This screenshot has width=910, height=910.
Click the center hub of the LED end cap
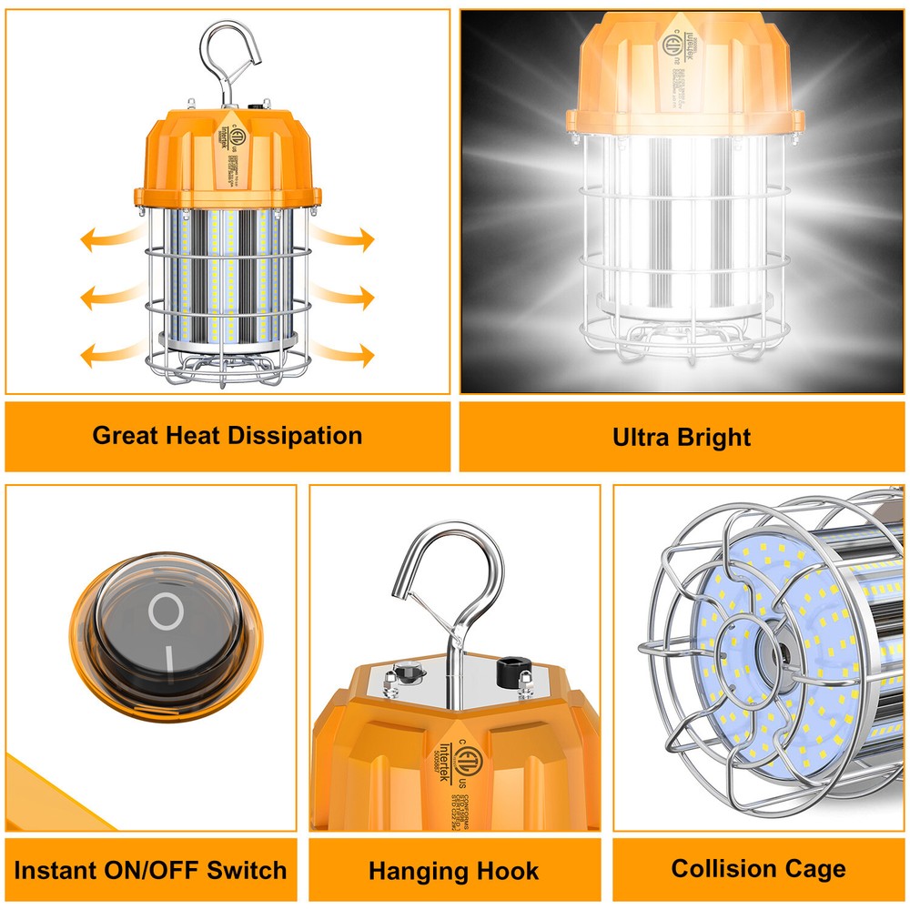[x=775, y=652]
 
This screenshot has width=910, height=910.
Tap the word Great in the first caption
[x=126, y=435]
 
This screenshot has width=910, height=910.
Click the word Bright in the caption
[x=716, y=437]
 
